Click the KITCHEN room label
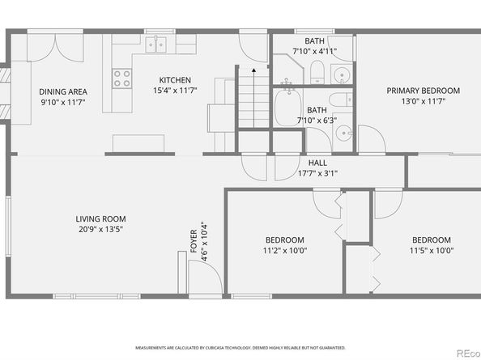[175, 80]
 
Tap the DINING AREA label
[63, 91]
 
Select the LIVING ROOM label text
[100, 219]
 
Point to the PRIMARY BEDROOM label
[423, 91]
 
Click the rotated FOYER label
[194, 241]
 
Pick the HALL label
[317, 163]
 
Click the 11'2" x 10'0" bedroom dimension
[285, 251]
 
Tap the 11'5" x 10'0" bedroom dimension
[432, 251]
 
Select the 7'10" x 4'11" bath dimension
[315, 51]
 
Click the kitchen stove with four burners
[121, 78]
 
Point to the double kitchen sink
[155, 44]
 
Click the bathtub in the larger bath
[287, 107]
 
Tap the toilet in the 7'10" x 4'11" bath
[317, 72]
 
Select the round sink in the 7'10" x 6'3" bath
[343, 133]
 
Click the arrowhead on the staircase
[254, 70]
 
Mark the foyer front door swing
[205, 277]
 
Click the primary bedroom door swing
[372, 138]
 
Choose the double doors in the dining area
[55, 48]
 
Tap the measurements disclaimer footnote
[240, 348]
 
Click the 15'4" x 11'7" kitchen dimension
[175, 91]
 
